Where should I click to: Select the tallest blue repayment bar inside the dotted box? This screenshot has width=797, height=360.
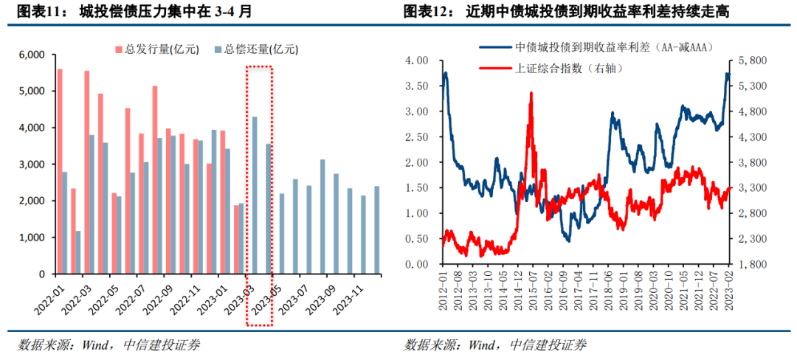pyautogui.click(x=255, y=195)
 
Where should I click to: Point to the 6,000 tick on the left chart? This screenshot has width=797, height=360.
pyautogui.click(x=32, y=55)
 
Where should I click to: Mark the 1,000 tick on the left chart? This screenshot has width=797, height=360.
pyautogui.click(x=32, y=238)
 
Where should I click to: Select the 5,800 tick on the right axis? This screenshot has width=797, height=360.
pyautogui.click(x=751, y=60)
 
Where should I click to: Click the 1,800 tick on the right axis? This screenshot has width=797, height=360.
pyautogui.click(x=751, y=263)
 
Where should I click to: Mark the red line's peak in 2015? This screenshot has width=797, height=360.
pyautogui.click(x=531, y=94)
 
